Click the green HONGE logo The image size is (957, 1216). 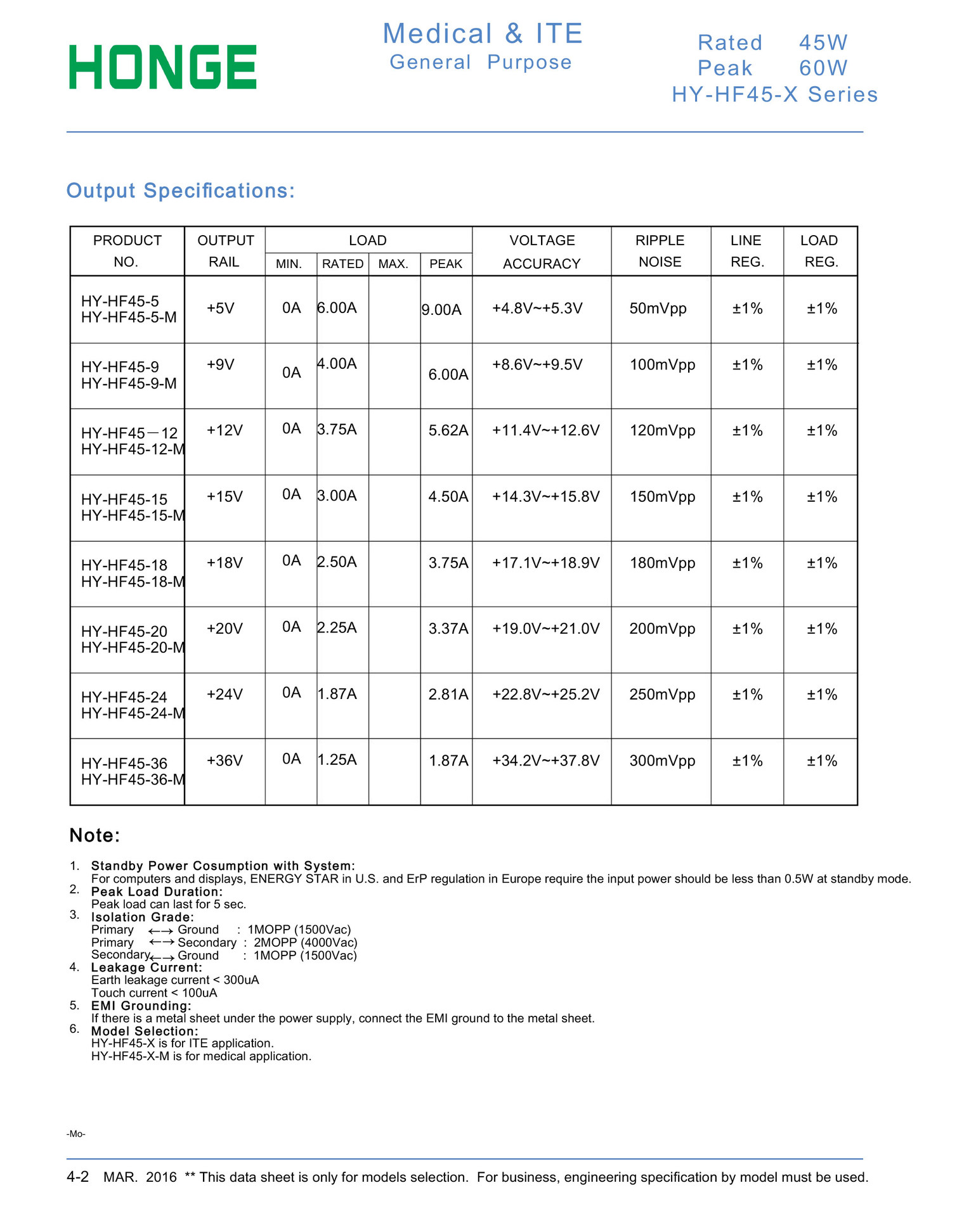tap(162, 67)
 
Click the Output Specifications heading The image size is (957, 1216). tap(181, 191)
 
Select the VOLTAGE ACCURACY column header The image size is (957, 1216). tap(542, 252)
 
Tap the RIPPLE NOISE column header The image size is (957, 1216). tap(660, 251)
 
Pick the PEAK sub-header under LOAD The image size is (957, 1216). tap(446, 264)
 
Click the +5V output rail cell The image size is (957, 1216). tap(221, 309)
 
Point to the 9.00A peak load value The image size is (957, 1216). tap(442, 310)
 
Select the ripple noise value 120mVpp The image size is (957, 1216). tap(662, 431)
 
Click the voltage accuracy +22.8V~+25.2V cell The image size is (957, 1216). tap(545, 694)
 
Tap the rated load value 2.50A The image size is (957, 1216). tap(337, 562)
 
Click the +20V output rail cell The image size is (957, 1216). tap(225, 629)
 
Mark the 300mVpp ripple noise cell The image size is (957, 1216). tap(662, 760)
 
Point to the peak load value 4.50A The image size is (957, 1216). tap(448, 497)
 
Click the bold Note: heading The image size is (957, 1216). tap(94, 835)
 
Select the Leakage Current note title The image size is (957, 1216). tap(146, 968)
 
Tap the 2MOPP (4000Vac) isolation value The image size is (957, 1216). tap(306, 942)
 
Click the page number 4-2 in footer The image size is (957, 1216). tap(77, 1177)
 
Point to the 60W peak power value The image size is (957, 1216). tap(823, 68)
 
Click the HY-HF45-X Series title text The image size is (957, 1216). tap(774, 94)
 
